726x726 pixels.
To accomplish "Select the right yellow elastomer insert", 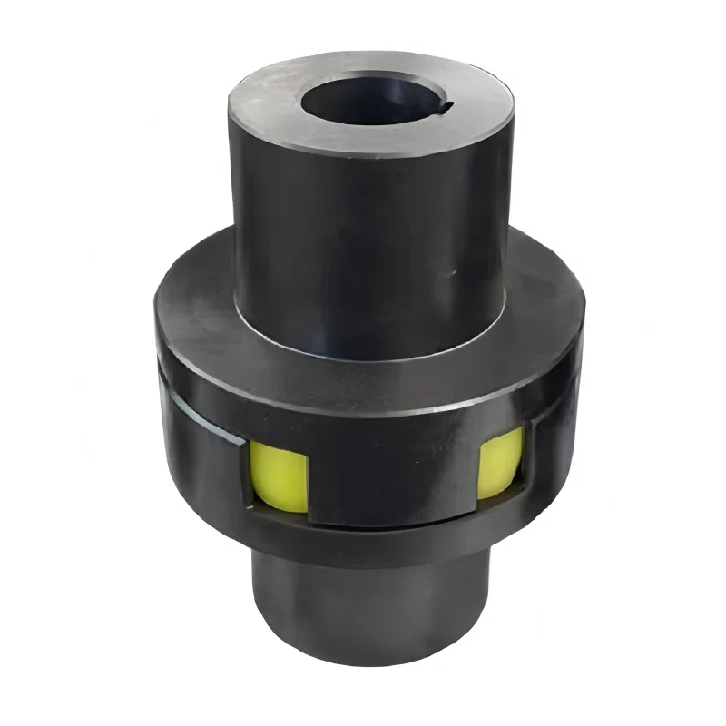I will [x=500, y=463].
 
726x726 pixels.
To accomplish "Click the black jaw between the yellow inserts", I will [x=390, y=472].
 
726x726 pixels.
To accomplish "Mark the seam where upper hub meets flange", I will [x=363, y=334].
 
